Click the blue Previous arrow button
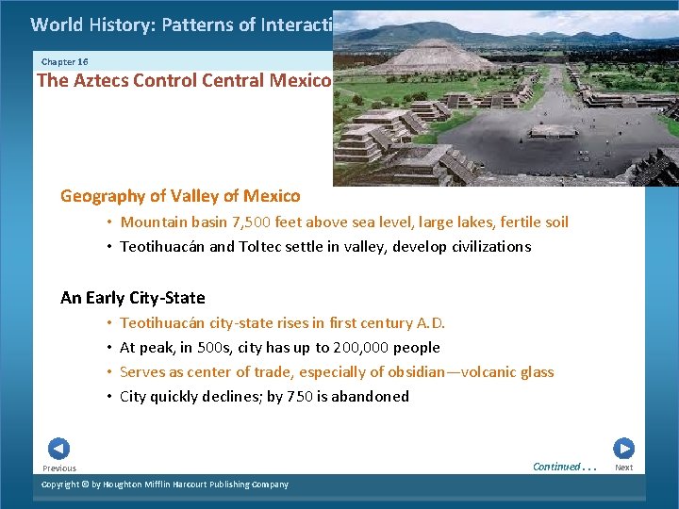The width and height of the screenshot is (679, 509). click(x=58, y=449)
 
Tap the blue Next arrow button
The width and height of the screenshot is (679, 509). click(x=623, y=449)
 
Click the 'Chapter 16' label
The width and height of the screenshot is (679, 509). click(x=65, y=61)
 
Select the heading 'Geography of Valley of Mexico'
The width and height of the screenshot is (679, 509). click(x=180, y=196)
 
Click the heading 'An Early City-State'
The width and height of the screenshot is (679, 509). click(x=132, y=298)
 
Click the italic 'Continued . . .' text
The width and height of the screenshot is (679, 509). click(x=564, y=467)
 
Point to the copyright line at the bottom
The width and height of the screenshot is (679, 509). click(x=165, y=484)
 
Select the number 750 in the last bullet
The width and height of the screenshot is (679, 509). click(x=300, y=397)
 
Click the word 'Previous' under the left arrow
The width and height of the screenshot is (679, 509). click(x=59, y=468)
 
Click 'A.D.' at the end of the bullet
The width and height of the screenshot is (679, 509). click(x=429, y=323)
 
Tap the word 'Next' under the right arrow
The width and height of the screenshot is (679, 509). click(x=623, y=468)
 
